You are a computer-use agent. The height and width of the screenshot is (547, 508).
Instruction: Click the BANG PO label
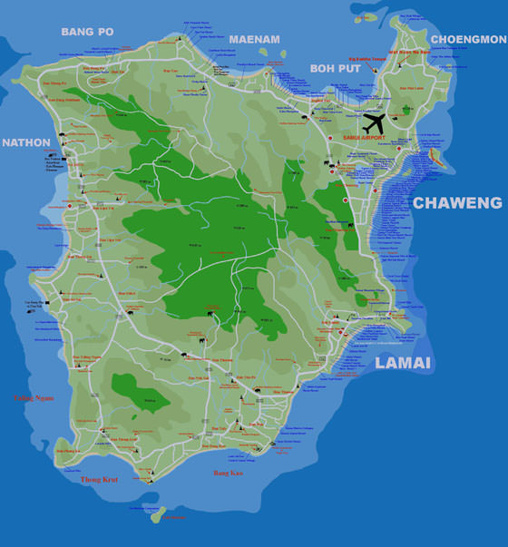point(87,32)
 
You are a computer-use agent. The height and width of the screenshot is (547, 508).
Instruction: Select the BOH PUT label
point(336,67)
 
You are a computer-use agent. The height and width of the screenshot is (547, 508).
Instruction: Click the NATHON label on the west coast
point(26,142)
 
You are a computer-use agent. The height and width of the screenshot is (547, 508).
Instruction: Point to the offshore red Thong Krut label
point(98,479)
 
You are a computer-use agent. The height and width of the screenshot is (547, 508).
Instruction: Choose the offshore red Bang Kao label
point(229,473)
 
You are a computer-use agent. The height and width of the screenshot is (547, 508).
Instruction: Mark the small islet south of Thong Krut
point(158,514)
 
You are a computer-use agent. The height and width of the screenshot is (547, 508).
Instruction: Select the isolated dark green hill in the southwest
point(140,395)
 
